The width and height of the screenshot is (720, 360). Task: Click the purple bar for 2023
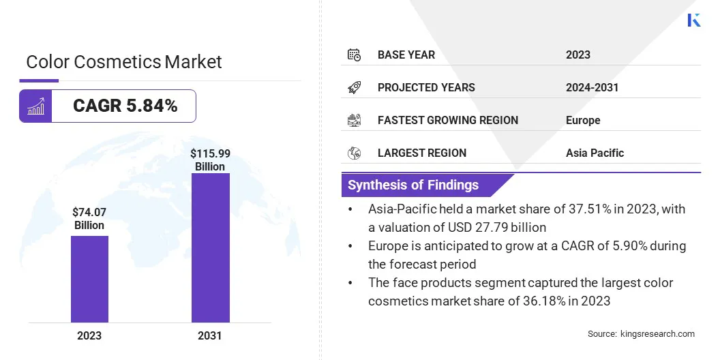coord(89,279)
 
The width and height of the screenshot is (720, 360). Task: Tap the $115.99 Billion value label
coord(210,160)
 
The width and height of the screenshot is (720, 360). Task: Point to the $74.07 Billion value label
coord(89,219)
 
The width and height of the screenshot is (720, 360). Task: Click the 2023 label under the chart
coord(89,335)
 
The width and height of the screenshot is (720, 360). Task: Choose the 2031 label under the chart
coord(210,335)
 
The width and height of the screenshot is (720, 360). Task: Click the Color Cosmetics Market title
coord(124,62)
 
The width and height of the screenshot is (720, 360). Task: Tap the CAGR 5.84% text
coord(125,106)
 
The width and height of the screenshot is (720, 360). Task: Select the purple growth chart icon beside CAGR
coord(35,106)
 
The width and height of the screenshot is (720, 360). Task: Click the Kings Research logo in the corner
coord(694,20)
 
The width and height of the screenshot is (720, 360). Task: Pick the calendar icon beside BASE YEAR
coord(354,55)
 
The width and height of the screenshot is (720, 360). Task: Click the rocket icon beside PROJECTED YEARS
coord(354,87)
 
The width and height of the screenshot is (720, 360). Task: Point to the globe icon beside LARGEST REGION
coord(354,153)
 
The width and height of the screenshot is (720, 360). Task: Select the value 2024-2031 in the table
coord(592,87)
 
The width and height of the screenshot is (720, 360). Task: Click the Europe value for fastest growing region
coord(583,120)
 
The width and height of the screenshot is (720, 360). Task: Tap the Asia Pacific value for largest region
coord(595,153)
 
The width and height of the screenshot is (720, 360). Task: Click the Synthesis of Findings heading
coord(413,185)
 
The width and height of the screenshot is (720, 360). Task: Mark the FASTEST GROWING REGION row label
coord(448,120)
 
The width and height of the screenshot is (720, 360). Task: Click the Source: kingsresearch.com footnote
coord(641,333)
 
